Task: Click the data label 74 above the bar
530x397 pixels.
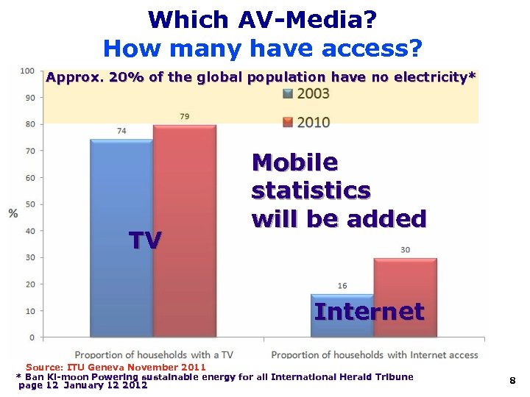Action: click(121, 131)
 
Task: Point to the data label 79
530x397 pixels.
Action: click(185, 116)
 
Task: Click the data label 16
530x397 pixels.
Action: click(342, 285)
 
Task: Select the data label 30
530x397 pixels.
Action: click(406, 250)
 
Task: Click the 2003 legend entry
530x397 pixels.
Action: click(306, 93)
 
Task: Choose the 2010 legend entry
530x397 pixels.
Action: click(306, 121)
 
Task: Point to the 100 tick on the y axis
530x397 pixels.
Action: click(27, 71)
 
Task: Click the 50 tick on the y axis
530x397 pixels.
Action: click(29, 204)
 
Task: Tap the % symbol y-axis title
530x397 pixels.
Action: click(13, 213)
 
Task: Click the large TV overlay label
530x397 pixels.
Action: click(145, 240)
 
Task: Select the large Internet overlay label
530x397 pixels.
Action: click(369, 311)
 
